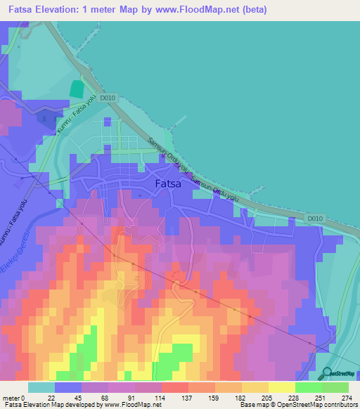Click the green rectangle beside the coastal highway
tap(76, 91)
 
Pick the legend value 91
tap(128, 397)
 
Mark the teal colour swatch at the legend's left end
tap(41, 387)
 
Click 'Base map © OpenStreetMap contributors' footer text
tap(297, 405)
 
